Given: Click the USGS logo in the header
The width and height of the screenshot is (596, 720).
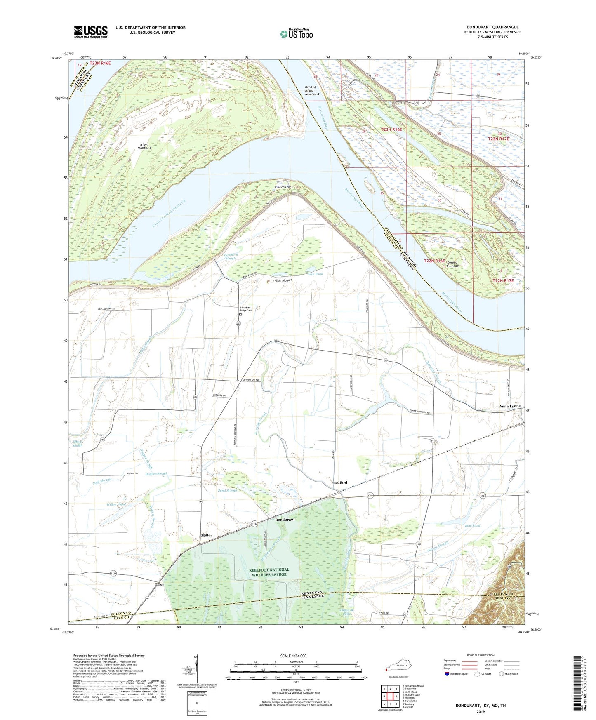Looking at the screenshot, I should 91,32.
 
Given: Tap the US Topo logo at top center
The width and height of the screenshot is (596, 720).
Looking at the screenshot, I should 296,34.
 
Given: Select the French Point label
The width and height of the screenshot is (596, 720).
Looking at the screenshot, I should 284,187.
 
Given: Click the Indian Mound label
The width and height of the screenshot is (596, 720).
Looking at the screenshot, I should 282,280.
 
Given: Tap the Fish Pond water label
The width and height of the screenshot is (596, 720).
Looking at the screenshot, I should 316,274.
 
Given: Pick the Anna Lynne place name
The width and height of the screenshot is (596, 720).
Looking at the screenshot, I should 507,406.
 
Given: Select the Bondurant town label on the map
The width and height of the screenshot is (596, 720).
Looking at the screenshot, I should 285,520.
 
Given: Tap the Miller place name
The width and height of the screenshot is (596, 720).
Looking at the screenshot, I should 207,535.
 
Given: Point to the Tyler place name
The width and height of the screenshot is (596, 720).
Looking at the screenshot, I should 159,584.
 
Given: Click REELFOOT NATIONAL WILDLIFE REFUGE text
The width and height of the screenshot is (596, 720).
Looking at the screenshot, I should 269,572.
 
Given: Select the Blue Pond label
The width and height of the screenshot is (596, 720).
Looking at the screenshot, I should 473,526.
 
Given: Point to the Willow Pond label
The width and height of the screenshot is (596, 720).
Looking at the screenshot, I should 116,504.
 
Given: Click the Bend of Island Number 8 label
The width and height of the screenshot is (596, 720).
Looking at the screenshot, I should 312,91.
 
